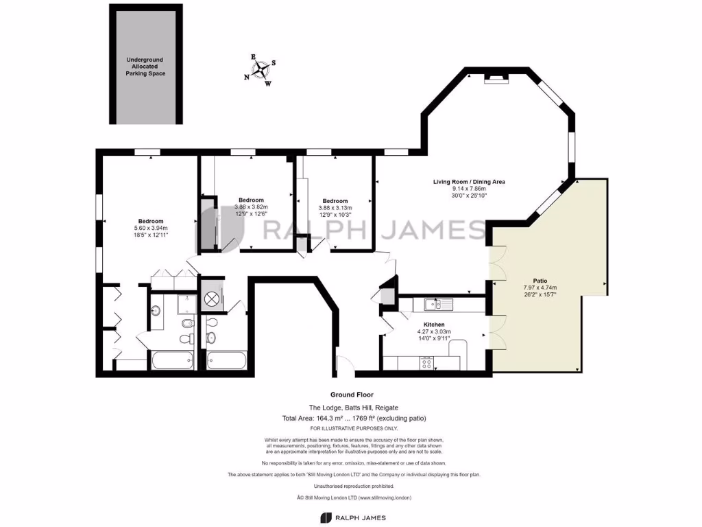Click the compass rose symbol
(261, 69)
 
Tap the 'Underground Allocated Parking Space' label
(145, 67)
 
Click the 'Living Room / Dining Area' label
(469, 182)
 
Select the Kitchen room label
(434, 325)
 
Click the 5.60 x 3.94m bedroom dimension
(151, 228)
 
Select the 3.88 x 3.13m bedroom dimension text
(335, 208)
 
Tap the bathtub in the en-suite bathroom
(171, 360)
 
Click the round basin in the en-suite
(156, 311)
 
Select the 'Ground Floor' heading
(353, 395)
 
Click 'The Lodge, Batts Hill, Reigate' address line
(353, 408)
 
